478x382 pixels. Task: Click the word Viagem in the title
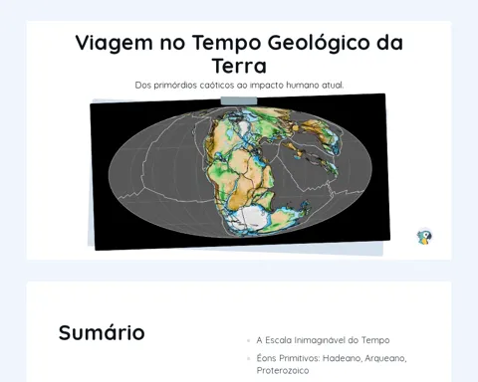pyautogui.click(x=114, y=44)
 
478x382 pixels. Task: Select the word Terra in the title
pyautogui.click(x=239, y=66)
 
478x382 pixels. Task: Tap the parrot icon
pyautogui.click(x=424, y=237)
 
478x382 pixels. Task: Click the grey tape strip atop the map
pyautogui.click(x=239, y=100)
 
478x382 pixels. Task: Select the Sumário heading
pyautogui.click(x=102, y=332)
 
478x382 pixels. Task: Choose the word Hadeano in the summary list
pyautogui.click(x=342, y=358)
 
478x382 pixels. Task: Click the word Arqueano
pyautogui.click(x=385, y=359)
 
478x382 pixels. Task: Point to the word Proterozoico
pyautogui.click(x=283, y=370)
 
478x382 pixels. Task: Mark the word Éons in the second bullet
pyautogui.click(x=266, y=358)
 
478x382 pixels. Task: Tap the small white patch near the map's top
pyautogui.click(x=244, y=127)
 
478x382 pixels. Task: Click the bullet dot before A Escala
pyautogui.click(x=248, y=340)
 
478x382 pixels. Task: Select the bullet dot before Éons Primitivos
pyautogui.click(x=248, y=358)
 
